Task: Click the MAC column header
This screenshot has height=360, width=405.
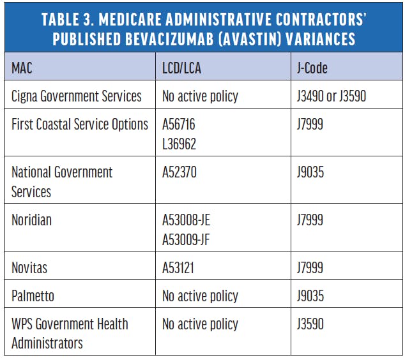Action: pos(22,68)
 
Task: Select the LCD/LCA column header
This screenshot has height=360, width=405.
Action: pos(181,68)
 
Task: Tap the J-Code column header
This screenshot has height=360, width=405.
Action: pos(312,68)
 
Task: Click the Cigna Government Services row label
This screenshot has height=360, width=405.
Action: pos(77,96)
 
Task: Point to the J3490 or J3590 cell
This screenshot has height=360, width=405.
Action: pos(332,96)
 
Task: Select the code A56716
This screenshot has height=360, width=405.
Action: pos(179,124)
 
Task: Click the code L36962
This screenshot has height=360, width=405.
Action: pos(179,144)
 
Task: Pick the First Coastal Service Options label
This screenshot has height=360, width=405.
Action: pos(80,124)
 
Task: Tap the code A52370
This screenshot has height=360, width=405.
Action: pos(180,172)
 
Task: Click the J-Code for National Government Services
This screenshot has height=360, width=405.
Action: pos(310,172)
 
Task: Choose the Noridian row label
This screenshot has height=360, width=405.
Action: pos(31,220)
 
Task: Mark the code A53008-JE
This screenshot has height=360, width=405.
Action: pos(187,220)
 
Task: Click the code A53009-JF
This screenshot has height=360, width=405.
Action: pos(186,239)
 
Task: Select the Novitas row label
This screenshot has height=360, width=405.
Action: pos(29,267)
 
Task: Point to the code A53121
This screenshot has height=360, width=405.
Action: pos(178,267)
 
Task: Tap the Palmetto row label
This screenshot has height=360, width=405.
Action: pos(33,296)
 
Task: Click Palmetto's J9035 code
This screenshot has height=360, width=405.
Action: pos(310,296)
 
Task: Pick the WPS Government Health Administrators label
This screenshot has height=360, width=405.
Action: pos(70,333)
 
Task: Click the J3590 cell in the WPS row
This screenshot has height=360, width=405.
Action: pos(310,324)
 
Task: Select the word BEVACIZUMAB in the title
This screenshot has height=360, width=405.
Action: pos(170,39)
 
